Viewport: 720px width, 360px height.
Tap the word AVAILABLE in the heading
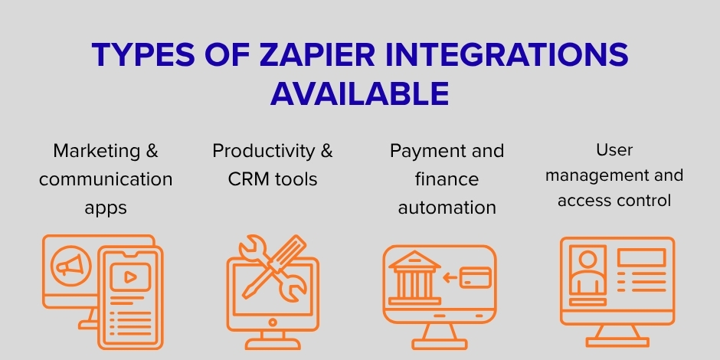[x=359, y=93]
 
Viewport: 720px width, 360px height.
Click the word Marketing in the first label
[x=98, y=151]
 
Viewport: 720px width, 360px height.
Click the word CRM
[x=245, y=180]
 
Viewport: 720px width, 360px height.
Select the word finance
[x=447, y=179]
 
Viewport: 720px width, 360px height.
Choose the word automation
[x=447, y=208]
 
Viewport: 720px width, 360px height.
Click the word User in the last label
[x=615, y=150]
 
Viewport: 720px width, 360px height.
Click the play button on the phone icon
[x=130, y=277]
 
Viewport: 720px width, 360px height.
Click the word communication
[x=106, y=180]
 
